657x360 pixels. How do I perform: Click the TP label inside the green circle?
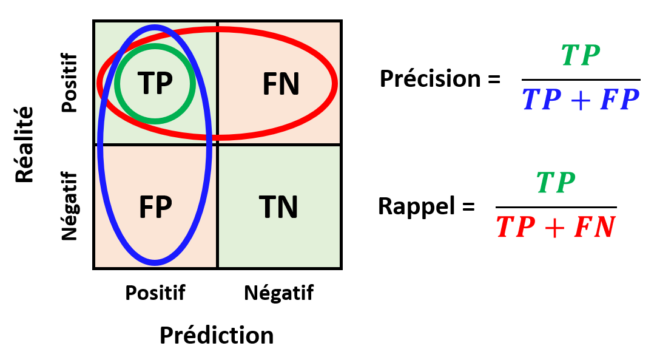(x=155, y=83)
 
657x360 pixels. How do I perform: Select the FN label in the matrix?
(x=281, y=84)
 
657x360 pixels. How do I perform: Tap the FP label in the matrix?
(x=155, y=208)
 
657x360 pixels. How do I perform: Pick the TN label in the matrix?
(x=279, y=208)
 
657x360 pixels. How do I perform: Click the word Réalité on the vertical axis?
(x=24, y=144)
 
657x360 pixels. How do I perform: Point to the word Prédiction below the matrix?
(x=217, y=335)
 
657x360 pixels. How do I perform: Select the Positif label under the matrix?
(x=155, y=293)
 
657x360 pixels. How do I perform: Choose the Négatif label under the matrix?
(x=279, y=293)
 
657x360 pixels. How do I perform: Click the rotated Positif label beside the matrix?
(x=70, y=83)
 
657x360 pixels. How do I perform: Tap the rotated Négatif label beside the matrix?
(x=70, y=206)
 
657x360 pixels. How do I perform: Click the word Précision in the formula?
(x=430, y=79)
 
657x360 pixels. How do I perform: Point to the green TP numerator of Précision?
(x=581, y=56)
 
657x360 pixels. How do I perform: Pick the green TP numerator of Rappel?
(x=555, y=182)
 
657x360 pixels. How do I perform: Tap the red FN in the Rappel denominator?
(x=595, y=228)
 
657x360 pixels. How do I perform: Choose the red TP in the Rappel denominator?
(x=516, y=228)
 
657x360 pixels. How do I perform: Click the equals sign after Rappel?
(x=468, y=207)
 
